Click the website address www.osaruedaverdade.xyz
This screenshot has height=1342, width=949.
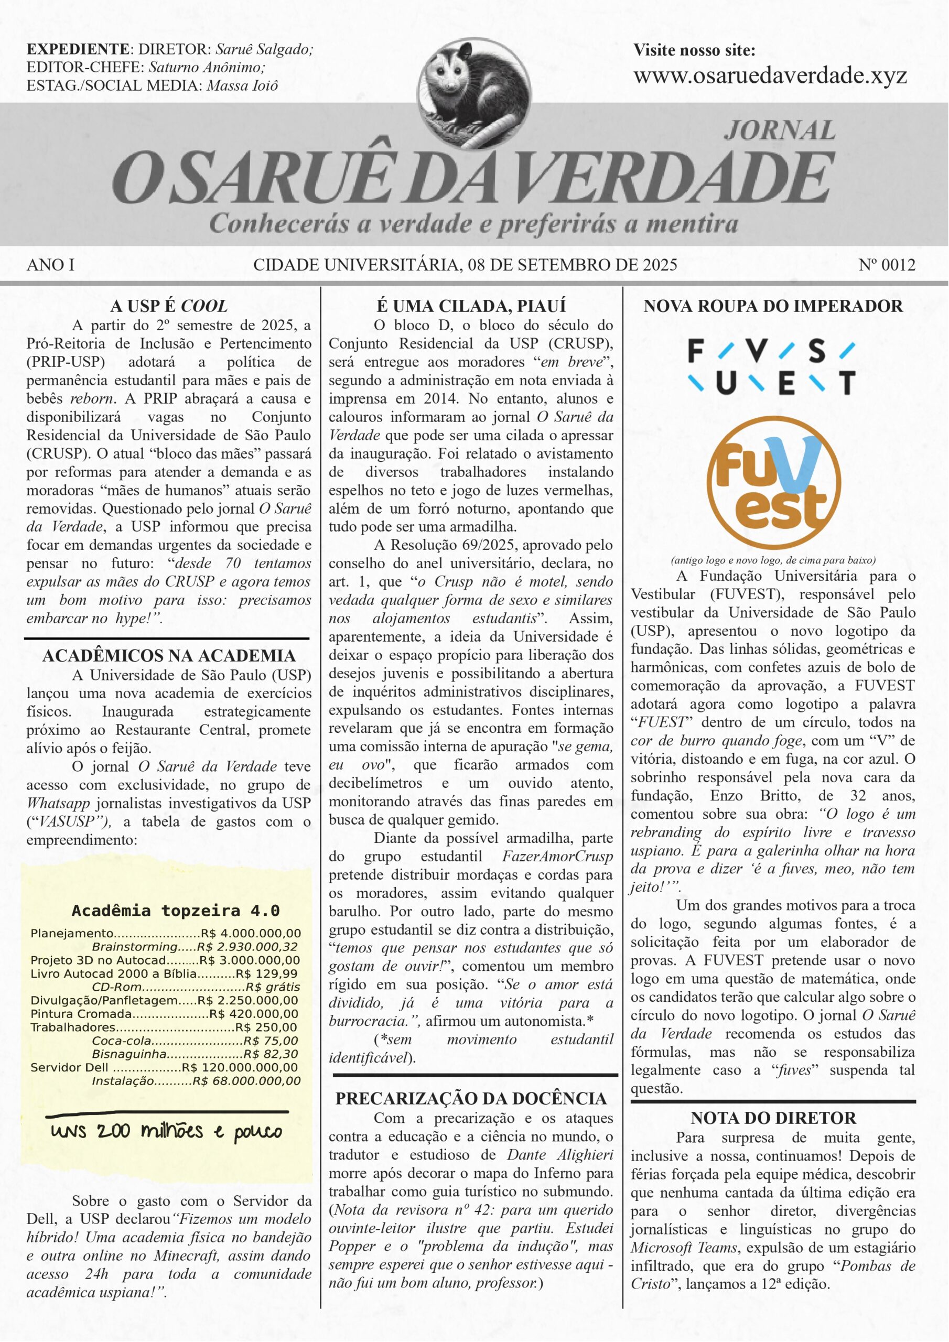(x=770, y=75)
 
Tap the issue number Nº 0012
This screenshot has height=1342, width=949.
(x=887, y=265)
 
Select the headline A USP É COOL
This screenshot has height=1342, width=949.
(x=168, y=306)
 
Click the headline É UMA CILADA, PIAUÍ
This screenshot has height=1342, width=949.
(x=471, y=306)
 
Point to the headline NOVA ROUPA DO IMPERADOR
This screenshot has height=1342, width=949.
(x=773, y=306)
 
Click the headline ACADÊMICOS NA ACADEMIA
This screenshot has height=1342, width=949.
(x=168, y=655)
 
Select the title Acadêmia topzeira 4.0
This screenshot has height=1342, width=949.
(x=176, y=910)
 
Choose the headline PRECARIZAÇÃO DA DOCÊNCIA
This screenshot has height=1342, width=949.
(x=471, y=1098)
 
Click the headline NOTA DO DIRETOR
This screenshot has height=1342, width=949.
(x=773, y=1118)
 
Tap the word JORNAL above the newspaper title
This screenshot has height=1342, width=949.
(x=780, y=131)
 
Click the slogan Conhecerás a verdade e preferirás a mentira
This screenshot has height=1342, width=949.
(x=473, y=224)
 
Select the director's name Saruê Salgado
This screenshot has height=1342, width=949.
(x=264, y=50)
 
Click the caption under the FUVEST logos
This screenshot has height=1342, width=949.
(x=773, y=560)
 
